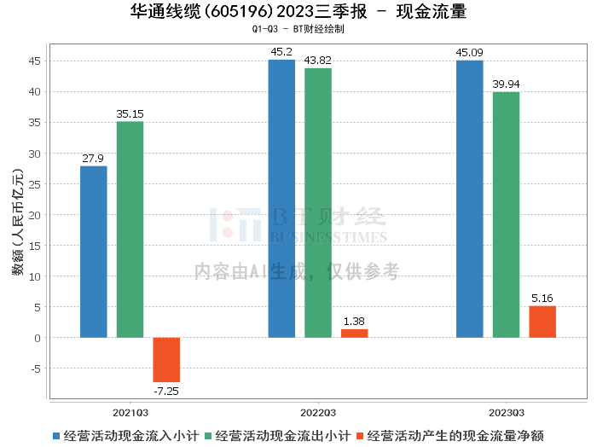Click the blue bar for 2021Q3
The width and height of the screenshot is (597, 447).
click(94, 252)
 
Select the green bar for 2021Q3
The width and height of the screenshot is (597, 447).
click(130, 229)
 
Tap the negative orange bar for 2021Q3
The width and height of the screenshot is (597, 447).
click(166, 359)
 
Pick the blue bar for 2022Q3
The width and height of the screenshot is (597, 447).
click(281, 199)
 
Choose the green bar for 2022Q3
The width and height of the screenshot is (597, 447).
click(318, 203)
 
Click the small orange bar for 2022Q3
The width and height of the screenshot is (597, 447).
click(354, 334)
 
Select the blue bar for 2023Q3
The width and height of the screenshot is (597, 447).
click(469, 199)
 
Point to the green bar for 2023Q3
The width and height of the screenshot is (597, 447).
click(506, 215)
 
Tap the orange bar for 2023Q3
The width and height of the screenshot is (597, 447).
click(542, 322)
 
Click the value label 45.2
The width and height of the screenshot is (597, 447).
click(281, 52)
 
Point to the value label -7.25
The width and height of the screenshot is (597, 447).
click(166, 391)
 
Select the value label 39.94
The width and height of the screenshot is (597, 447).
click(506, 84)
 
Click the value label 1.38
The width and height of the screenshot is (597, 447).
click(354, 322)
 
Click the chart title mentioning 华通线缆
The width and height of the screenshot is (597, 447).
click(298, 12)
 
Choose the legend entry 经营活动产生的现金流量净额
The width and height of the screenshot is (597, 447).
click(458, 435)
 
